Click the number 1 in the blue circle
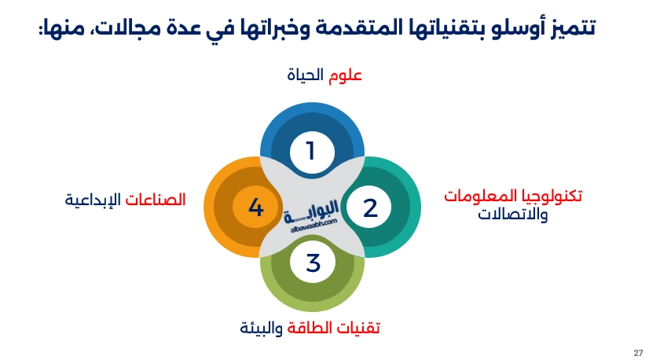pyautogui.click(x=311, y=150)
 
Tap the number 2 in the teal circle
pyautogui.click(x=370, y=208)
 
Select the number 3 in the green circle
pyautogui.click(x=313, y=263)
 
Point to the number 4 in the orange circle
pyautogui.click(x=255, y=208)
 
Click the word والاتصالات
pyautogui.click(x=513, y=214)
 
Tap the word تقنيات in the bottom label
pyautogui.click(x=361, y=327)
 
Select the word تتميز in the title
pyautogui.click(x=572, y=29)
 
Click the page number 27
pyautogui.click(x=637, y=351)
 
